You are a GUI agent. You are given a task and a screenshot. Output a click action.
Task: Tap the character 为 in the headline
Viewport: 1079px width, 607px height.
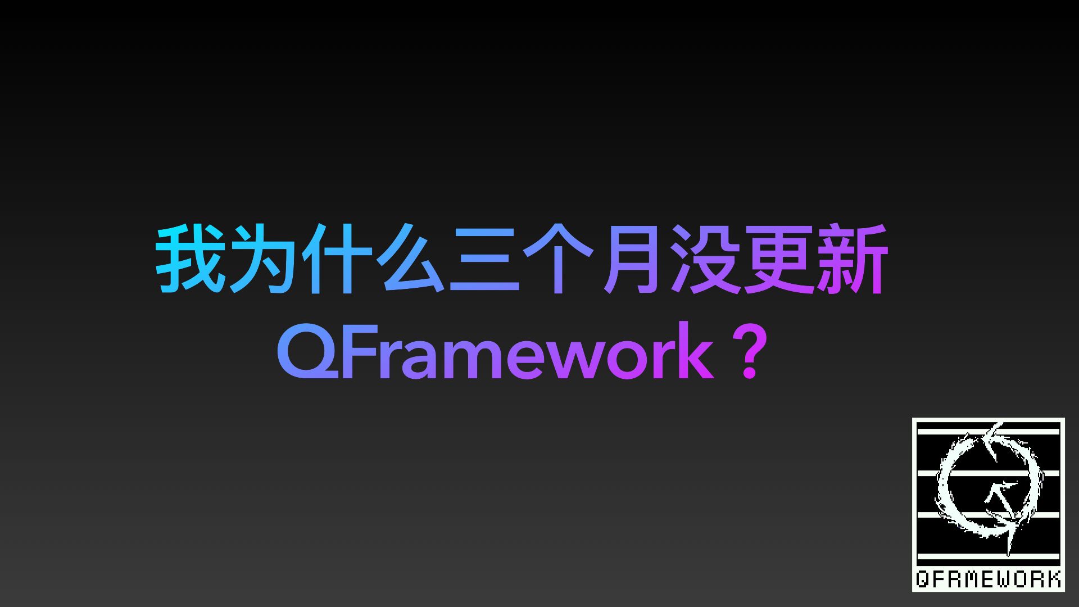[x=263, y=259]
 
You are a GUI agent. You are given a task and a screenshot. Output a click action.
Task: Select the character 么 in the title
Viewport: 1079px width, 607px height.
[x=409, y=259]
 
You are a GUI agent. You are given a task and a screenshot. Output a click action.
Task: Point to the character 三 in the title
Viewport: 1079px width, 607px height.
[x=483, y=260]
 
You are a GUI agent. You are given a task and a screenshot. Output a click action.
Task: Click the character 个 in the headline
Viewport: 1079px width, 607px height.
[x=556, y=259]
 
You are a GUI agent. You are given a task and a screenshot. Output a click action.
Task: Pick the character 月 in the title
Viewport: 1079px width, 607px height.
[x=628, y=259]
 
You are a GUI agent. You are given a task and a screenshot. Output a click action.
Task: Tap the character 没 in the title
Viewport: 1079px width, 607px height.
[x=702, y=259]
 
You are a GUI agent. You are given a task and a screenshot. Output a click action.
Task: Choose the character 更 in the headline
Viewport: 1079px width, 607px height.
[x=776, y=259]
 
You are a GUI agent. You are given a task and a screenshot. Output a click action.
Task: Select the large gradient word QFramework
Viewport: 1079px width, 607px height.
[x=495, y=352]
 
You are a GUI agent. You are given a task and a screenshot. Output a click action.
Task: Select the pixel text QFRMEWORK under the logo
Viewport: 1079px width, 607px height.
[x=988, y=578]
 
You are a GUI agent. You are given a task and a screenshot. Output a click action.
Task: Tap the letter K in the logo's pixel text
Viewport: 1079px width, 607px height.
[x=1052, y=578]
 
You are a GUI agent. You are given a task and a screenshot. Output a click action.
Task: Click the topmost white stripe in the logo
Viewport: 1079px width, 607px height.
[x=989, y=432]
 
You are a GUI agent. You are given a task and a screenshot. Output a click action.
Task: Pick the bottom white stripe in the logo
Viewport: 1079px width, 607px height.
[x=989, y=557]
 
